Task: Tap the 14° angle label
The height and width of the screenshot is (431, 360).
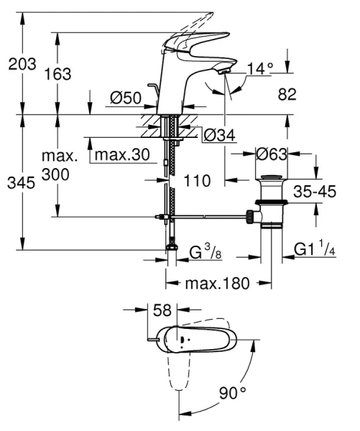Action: [x=260, y=69]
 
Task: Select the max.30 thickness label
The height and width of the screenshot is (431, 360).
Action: [x=121, y=155]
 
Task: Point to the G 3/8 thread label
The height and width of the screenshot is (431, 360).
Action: [x=204, y=252]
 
